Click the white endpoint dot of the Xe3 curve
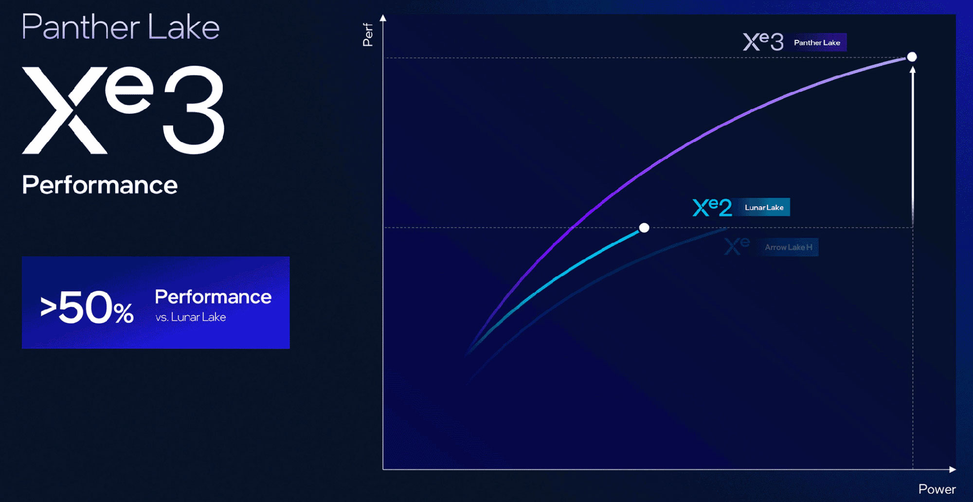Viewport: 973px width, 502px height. click(x=912, y=57)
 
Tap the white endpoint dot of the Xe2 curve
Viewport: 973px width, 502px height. click(x=644, y=228)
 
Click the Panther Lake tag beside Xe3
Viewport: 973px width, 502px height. click(x=817, y=43)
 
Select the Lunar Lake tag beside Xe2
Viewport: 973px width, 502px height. click(x=764, y=207)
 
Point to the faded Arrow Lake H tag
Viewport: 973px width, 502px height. click(x=789, y=247)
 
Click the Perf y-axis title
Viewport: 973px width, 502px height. click(x=368, y=35)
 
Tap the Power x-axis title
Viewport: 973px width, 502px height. click(x=937, y=489)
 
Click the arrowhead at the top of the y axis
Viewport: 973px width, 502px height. click(x=383, y=18)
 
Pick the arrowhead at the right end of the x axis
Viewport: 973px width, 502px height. click(x=953, y=469)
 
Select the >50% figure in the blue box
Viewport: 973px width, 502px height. click(x=87, y=307)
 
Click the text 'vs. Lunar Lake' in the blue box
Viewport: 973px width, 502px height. click(x=191, y=317)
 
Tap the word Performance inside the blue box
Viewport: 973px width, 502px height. click(x=213, y=297)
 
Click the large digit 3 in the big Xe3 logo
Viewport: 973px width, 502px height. click(x=194, y=110)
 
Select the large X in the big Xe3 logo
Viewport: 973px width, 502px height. click(x=65, y=110)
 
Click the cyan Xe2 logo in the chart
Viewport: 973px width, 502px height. click(x=712, y=207)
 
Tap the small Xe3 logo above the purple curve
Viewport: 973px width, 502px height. click(x=763, y=41)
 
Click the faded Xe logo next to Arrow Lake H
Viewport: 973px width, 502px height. click(x=737, y=246)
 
